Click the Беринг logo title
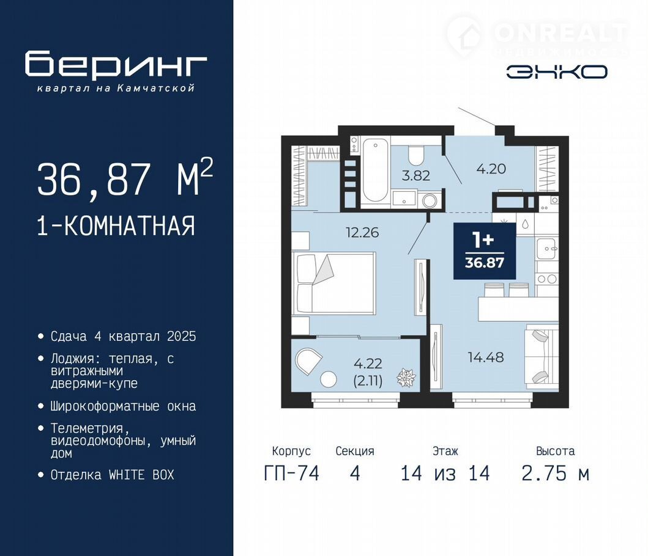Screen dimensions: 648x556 116,65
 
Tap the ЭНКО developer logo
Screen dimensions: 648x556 557,72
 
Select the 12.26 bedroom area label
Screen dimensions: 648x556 362,232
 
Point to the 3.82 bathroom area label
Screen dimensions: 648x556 415,175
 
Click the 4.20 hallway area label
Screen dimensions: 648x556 491,169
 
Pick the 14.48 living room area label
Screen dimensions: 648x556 486,357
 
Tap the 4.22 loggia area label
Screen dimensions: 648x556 368,364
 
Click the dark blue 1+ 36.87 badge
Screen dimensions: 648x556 485,251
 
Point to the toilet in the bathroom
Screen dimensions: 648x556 415,155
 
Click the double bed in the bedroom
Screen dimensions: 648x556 334,283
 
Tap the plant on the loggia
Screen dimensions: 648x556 406,377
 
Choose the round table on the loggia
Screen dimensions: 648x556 329,379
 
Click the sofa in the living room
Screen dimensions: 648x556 541,356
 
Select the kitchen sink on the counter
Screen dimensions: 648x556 547,249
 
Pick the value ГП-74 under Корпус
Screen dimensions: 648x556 291,473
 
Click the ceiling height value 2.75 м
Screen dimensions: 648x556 555,473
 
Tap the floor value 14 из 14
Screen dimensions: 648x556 445,473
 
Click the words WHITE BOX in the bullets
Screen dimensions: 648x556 141,475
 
